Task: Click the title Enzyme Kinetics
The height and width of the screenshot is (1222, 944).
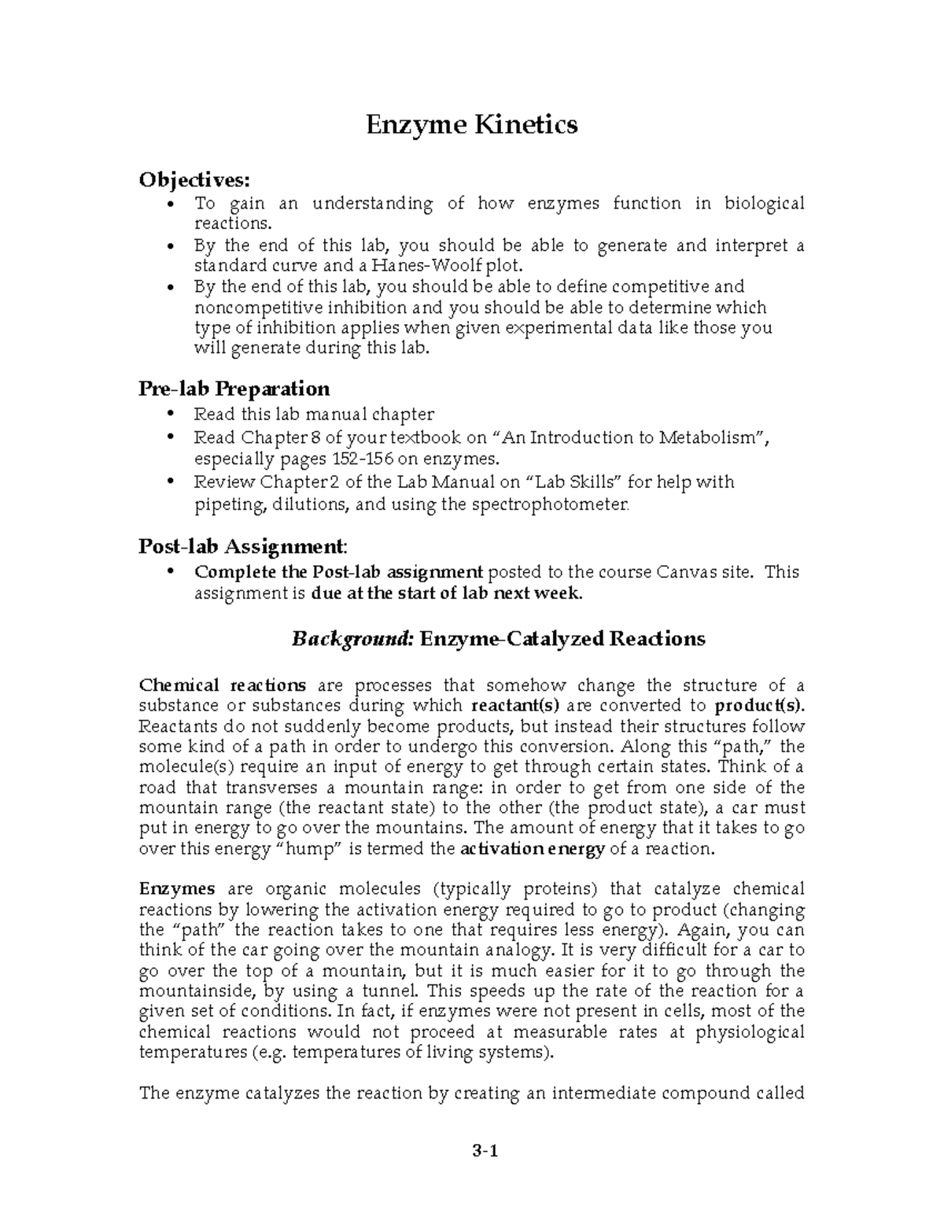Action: [x=471, y=124]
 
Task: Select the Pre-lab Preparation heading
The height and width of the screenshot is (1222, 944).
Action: [x=234, y=389]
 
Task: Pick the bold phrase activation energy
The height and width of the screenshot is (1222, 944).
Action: [x=532, y=849]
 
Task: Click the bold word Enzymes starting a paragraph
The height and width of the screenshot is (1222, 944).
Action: [x=176, y=889]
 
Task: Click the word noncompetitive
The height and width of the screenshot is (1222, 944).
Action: [x=248, y=308]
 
